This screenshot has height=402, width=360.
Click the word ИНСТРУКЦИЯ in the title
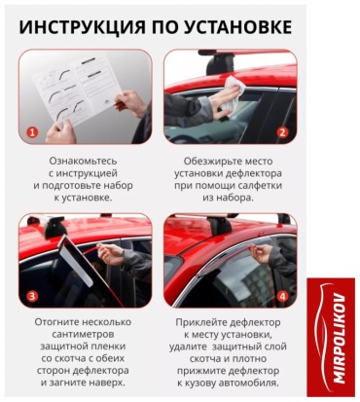coord(82,27)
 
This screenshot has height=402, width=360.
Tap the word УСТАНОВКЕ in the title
coord(238,27)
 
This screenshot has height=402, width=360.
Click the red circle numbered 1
coord(32,132)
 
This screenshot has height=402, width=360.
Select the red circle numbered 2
coord(283,132)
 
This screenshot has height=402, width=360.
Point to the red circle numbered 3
coord(32,296)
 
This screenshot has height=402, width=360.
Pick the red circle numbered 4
coord(283,296)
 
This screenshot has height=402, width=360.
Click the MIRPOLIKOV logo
coord(331,338)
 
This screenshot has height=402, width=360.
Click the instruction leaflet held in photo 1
coord(78,91)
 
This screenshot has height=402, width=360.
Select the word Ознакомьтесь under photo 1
coord(83,161)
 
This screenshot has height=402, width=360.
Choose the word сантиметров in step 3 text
coord(83,334)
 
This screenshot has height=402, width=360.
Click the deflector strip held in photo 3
coord(76,260)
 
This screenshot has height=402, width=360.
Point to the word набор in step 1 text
coord(118,186)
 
